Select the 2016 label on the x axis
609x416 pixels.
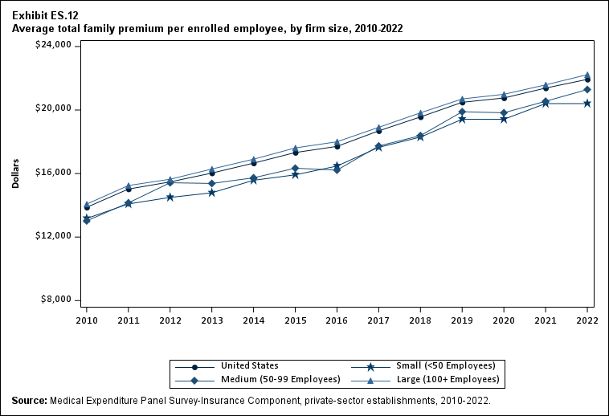tap(337, 320)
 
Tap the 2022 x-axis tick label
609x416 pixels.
tap(587, 320)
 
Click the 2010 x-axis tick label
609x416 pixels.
tap(86, 320)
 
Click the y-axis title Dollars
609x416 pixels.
tap(15, 173)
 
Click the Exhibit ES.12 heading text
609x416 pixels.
tap(45, 15)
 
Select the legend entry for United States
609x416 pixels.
tap(249, 366)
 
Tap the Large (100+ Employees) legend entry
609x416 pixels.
tap(453, 379)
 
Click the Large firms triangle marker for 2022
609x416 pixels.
tap(587, 75)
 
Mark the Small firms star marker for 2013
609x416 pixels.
tap(211, 193)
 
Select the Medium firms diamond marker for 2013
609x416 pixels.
tap(211, 183)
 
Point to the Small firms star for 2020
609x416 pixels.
tap(504, 119)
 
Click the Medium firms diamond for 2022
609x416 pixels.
tap(587, 89)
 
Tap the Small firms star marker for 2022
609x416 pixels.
tap(587, 103)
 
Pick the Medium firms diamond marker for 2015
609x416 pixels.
tap(295, 168)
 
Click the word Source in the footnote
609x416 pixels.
tap(29, 400)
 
